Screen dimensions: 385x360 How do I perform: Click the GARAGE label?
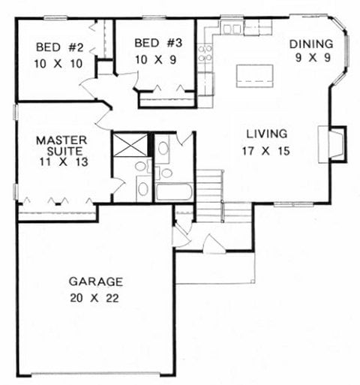95,282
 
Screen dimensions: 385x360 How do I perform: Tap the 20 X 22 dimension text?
95,298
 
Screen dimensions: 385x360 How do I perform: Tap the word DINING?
310,43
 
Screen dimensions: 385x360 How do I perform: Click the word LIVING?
267,134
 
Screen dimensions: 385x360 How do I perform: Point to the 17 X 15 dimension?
268,150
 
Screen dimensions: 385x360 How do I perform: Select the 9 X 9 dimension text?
310,57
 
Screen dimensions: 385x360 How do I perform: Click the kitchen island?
255,75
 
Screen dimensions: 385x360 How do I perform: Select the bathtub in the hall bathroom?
175,191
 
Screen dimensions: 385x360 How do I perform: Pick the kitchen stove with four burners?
205,53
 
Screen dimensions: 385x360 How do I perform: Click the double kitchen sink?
232,29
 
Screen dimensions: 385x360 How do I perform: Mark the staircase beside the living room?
210,194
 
